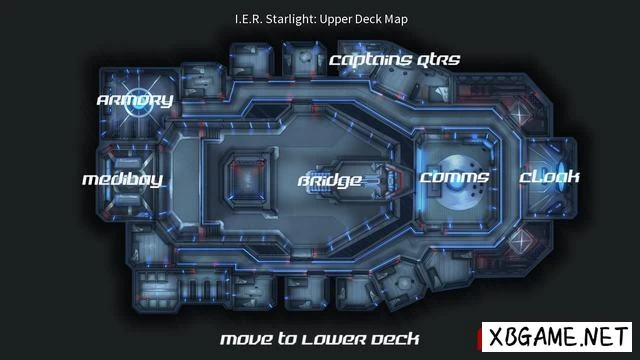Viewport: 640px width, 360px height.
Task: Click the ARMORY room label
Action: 135,100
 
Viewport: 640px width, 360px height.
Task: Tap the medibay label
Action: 122,180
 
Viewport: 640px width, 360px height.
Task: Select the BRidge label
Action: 330,181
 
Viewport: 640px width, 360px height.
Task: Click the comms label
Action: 454,177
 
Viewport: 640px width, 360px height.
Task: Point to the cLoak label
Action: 549,177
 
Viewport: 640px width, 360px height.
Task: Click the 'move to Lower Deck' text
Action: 320,339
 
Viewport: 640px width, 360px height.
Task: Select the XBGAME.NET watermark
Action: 557,337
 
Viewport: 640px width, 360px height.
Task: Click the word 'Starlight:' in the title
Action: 291,19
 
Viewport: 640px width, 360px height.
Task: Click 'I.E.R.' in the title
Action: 248,19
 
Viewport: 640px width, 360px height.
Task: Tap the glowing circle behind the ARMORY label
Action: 137,102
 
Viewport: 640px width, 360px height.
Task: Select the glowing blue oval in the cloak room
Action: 562,178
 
